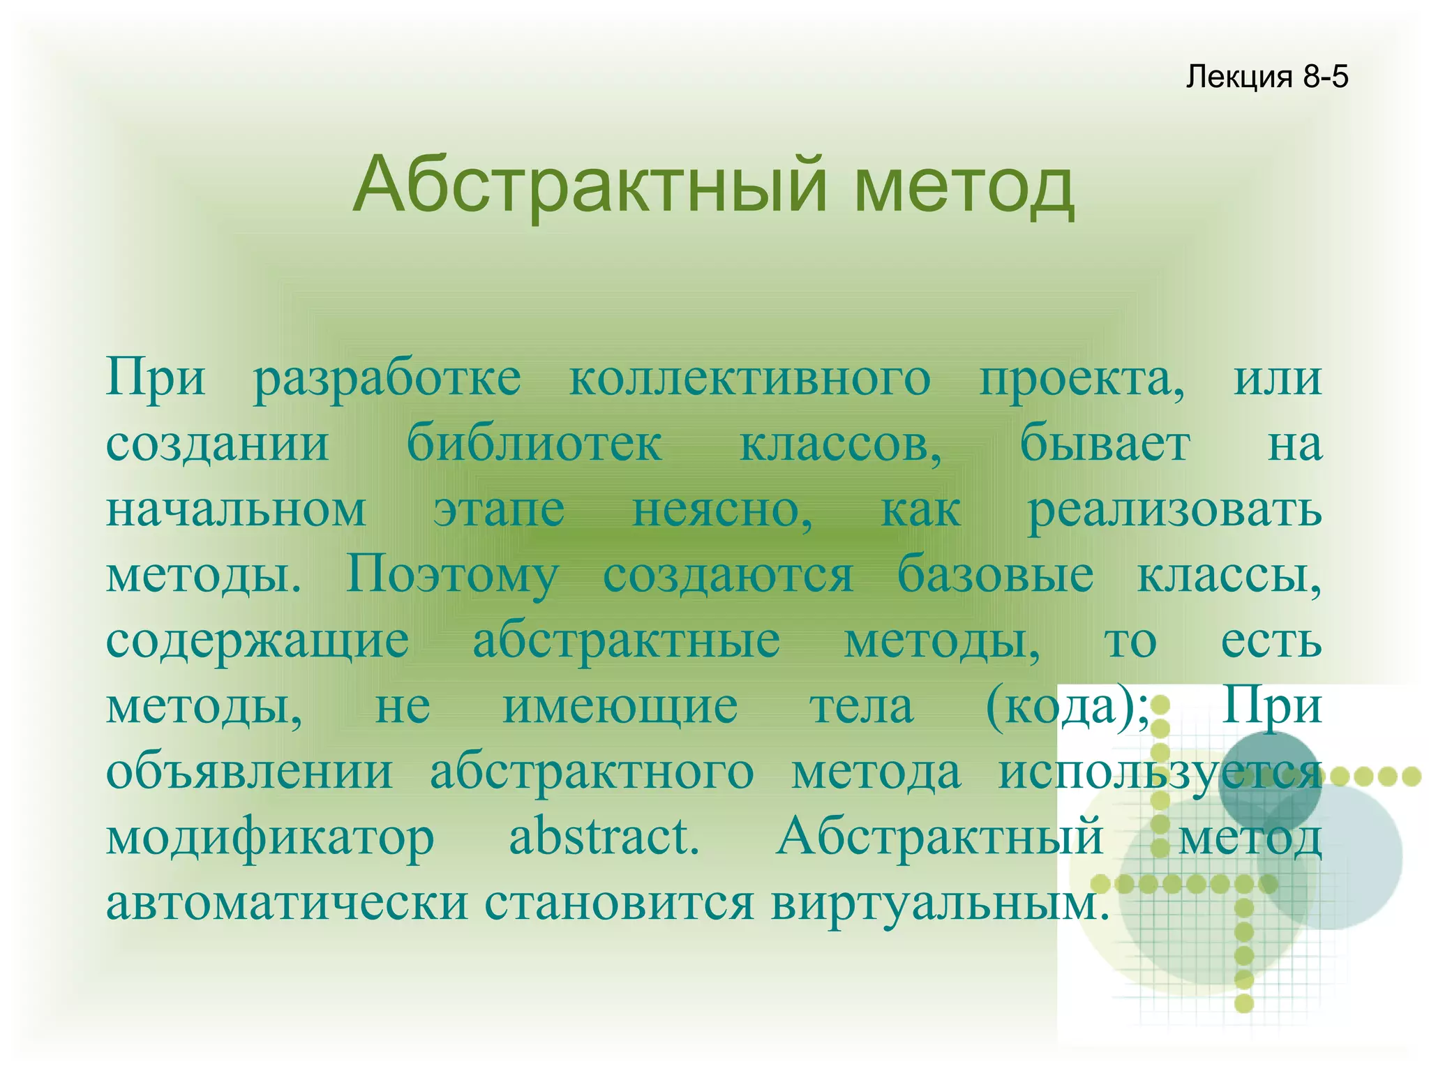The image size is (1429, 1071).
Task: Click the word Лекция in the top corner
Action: coord(1239,77)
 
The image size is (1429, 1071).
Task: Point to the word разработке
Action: coord(387,380)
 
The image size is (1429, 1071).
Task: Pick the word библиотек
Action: coord(534,443)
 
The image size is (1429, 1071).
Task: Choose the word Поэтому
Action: coord(451,576)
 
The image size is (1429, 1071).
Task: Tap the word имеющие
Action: coord(620,707)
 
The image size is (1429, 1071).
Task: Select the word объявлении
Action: coord(249,773)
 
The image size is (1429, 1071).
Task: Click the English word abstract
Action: coord(603,837)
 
